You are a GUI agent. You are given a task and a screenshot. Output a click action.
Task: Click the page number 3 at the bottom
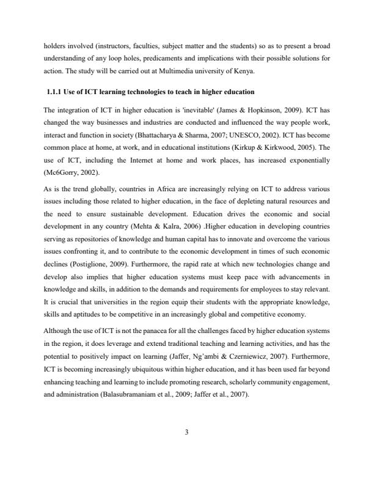pos(187,433)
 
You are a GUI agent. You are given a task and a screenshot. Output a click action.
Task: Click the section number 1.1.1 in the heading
pos(57,92)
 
